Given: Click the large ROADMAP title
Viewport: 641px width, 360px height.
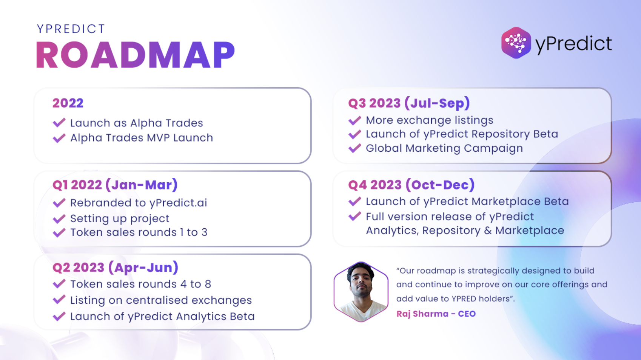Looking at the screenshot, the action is [136, 55].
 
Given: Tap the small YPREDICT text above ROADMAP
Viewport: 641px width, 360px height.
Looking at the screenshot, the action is [71, 29].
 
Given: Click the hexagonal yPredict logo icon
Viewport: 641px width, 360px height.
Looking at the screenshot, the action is [516, 43].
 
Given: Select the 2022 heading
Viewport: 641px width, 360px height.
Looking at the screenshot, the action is [68, 103].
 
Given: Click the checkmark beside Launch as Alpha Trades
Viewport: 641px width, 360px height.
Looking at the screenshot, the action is [59, 122].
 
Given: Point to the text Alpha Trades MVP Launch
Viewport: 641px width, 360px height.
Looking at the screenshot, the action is [142, 138].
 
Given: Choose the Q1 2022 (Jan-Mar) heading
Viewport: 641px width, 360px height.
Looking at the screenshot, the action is [115, 185].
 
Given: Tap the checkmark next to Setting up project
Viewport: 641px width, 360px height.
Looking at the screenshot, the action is [59, 219].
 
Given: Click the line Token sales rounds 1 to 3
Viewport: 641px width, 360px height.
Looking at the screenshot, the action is [139, 232].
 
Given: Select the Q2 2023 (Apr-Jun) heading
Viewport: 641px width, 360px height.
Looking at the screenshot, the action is [115, 267].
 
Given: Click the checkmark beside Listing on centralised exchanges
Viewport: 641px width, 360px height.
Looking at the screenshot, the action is [59, 299].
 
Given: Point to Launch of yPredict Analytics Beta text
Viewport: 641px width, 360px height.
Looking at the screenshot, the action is [163, 316].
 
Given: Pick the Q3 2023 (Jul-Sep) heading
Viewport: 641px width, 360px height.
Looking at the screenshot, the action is [409, 103].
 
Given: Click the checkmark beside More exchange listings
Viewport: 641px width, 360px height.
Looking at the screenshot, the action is [355, 120].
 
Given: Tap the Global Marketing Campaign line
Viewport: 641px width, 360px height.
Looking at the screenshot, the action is [444, 148].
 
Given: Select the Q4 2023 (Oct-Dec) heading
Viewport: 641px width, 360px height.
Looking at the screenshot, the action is [411, 185].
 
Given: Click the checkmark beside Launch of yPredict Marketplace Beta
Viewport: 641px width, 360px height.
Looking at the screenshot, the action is [355, 201].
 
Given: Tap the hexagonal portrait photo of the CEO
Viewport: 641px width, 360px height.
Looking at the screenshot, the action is [361, 292].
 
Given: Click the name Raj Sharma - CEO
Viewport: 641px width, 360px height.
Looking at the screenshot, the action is [436, 314].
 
